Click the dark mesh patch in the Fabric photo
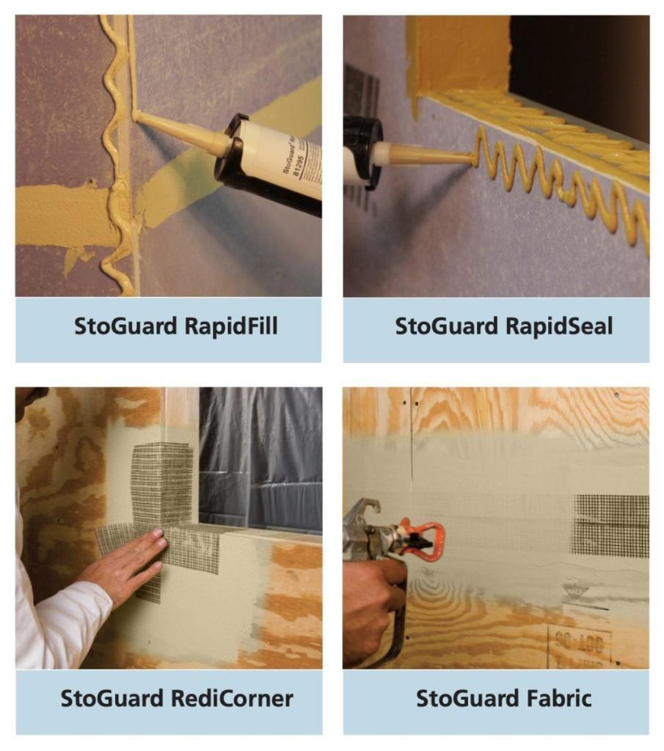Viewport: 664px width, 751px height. [x=611, y=524]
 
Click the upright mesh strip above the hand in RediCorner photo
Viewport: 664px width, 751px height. [x=163, y=484]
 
